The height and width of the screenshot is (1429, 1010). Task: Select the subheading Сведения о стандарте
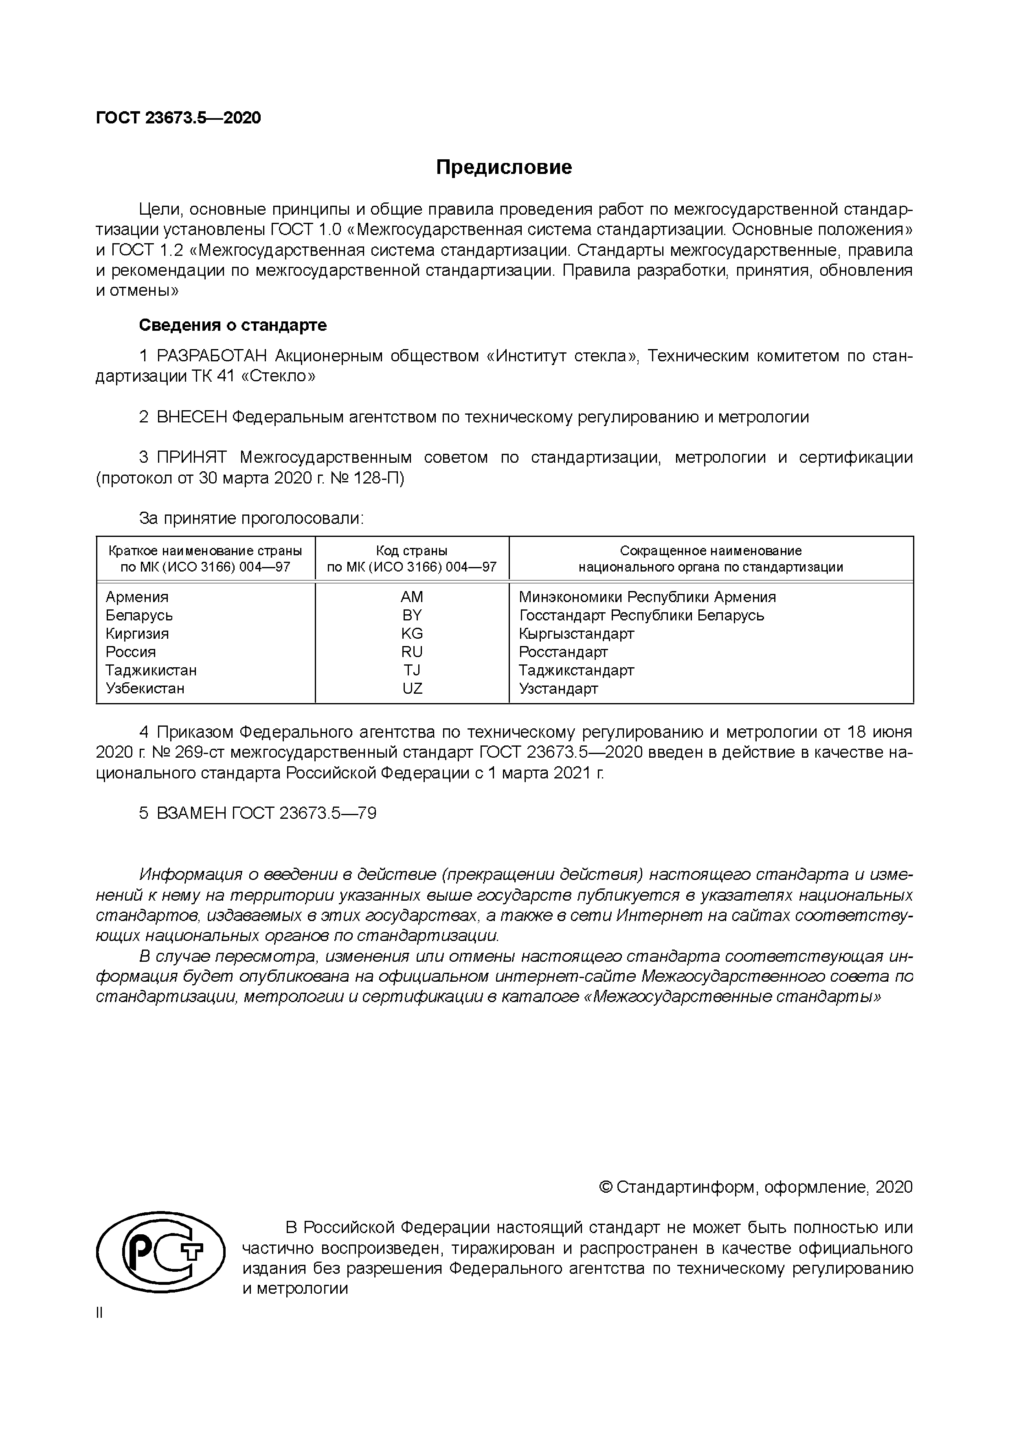tap(232, 325)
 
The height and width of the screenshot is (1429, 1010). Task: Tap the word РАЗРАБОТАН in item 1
tap(212, 356)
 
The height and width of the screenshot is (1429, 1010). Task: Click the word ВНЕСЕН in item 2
tap(192, 417)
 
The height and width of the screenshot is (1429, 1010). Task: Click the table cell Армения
tap(137, 597)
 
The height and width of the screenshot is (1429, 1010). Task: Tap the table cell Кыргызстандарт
tap(576, 633)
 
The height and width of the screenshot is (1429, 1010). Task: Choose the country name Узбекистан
tap(145, 688)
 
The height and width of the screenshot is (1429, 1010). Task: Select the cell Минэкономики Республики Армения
tap(647, 597)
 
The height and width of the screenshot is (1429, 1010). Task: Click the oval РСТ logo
tap(160, 1253)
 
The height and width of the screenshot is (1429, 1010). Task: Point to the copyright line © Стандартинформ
tap(755, 1187)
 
